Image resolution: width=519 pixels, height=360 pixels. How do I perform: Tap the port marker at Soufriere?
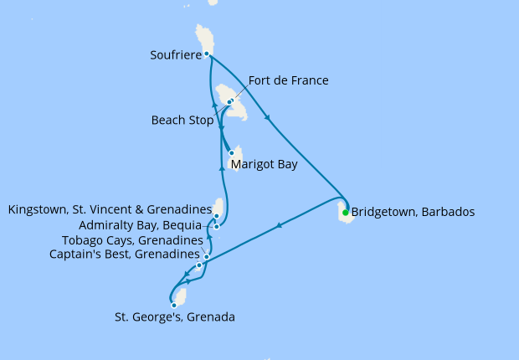pos(207,54)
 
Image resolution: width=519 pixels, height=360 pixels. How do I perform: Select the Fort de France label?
pos(288,80)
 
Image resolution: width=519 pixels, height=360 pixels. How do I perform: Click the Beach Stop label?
pos(182,120)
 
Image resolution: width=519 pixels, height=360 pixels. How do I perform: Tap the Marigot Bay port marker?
pos(232,153)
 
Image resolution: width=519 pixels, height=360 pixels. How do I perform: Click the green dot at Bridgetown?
pos(345,212)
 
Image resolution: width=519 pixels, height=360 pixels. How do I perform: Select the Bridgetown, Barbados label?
pos(413,212)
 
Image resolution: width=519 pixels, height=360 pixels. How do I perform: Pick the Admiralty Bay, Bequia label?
pos(140,225)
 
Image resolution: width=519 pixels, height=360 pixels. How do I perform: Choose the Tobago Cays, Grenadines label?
pos(132,240)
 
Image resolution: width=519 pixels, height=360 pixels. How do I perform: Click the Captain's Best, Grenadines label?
pos(125,254)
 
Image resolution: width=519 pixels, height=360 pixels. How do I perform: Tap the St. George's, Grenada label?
pos(174,317)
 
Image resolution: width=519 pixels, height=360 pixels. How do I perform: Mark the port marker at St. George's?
pos(174,305)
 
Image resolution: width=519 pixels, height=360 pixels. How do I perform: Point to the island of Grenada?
pos(180,297)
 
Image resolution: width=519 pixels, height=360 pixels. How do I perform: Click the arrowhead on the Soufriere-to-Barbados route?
pos(267,117)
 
